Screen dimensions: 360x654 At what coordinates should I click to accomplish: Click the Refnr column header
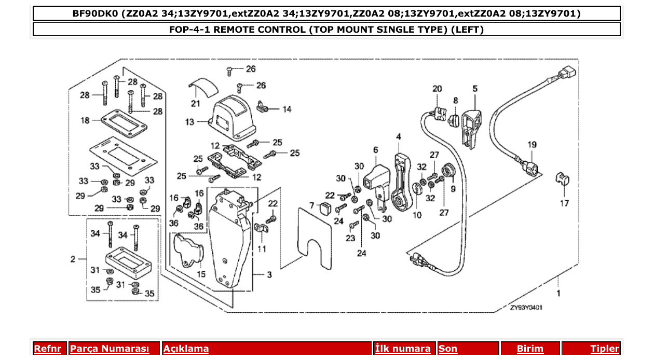pyautogui.click(x=47, y=349)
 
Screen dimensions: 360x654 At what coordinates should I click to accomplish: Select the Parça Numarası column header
pyautogui.click(x=110, y=349)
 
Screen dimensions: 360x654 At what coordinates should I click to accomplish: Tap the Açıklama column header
pyautogui.click(x=186, y=349)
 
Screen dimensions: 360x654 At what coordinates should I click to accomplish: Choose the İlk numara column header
pyautogui.click(x=403, y=349)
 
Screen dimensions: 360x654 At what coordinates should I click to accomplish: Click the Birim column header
pyautogui.click(x=529, y=349)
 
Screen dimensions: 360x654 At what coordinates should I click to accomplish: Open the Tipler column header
pyautogui.click(x=604, y=349)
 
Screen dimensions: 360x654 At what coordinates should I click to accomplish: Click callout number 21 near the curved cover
pyautogui.click(x=195, y=104)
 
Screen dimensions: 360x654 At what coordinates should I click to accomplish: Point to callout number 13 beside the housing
pyautogui.click(x=190, y=122)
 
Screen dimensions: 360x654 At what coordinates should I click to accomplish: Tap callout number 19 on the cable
pyautogui.click(x=532, y=145)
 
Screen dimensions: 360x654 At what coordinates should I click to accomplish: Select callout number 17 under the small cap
pyautogui.click(x=564, y=203)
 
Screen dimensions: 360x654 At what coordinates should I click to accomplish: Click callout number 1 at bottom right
pyautogui.click(x=558, y=293)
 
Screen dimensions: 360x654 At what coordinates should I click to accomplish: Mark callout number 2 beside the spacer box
pyautogui.click(x=73, y=258)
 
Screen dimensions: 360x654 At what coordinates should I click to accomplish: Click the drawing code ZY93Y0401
pyautogui.click(x=526, y=307)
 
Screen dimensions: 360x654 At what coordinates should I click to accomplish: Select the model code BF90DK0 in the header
pyautogui.click(x=95, y=13)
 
